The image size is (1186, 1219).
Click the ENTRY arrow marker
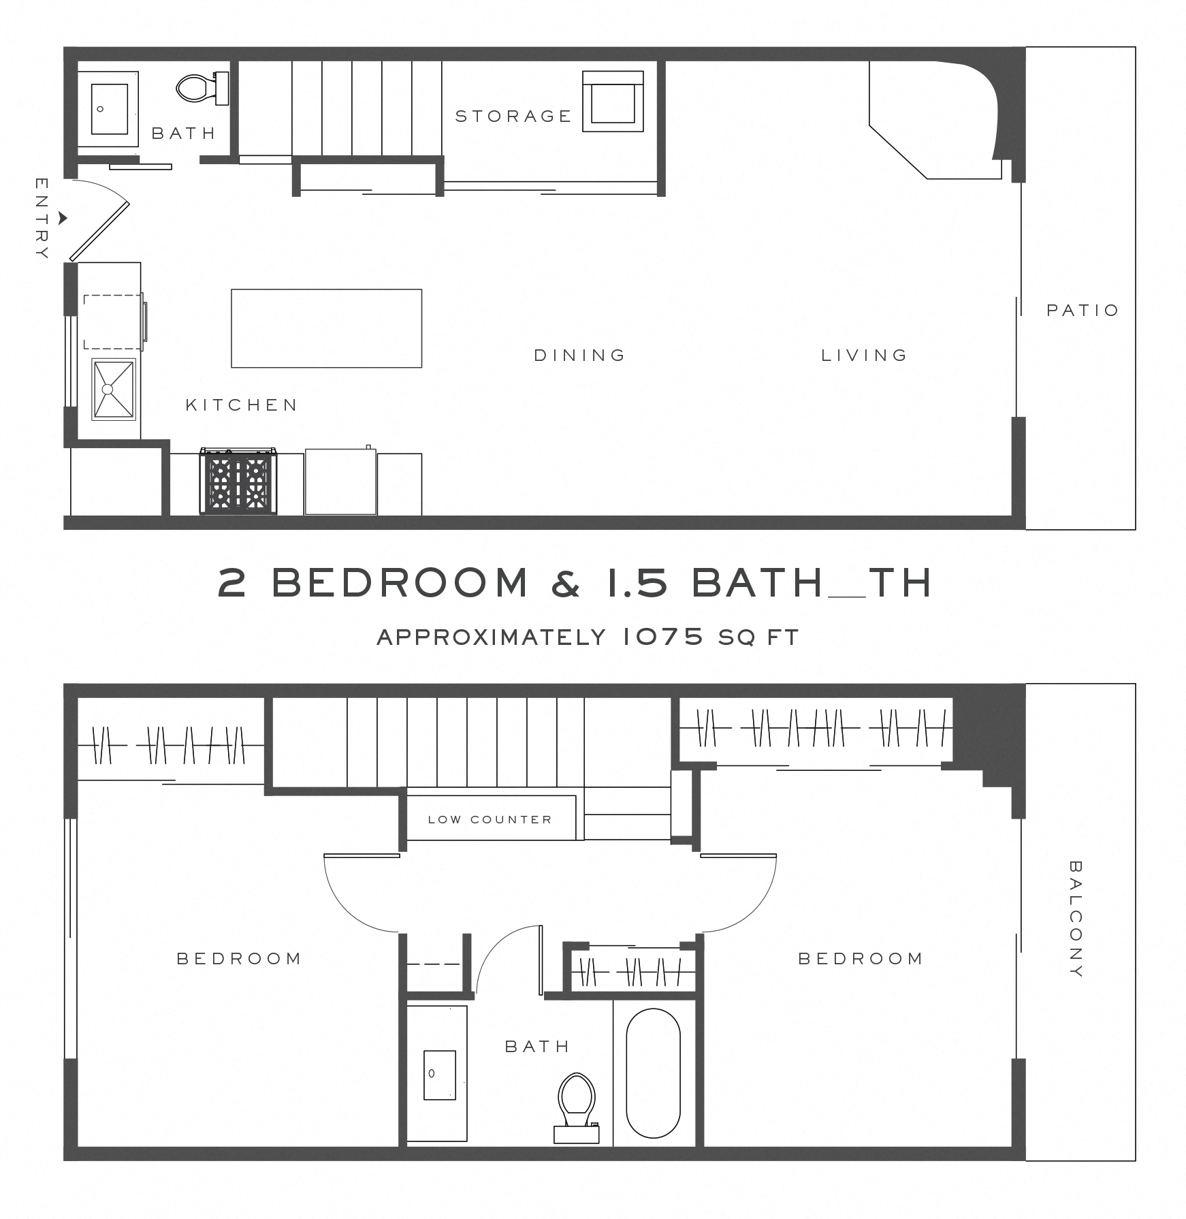click(63, 219)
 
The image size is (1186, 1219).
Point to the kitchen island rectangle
click(326, 328)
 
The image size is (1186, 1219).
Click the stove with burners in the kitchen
click(238, 482)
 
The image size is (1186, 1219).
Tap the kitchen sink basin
click(114, 389)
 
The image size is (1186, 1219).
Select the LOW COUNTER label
click(490, 819)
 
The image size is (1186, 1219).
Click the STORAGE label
click(513, 116)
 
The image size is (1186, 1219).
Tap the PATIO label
click(1082, 311)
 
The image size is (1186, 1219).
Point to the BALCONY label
click(1075, 919)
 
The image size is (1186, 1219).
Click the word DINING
click(579, 355)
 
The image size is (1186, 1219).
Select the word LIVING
click(864, 355)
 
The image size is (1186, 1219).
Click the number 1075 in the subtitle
click(662, 637)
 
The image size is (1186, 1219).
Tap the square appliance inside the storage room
click(613, 101)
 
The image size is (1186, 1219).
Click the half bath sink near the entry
click(110, 109)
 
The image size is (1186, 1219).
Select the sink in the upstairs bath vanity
click(439, 1075)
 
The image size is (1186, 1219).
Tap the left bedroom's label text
click(238, 959)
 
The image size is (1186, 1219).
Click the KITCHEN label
click(242, 405)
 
